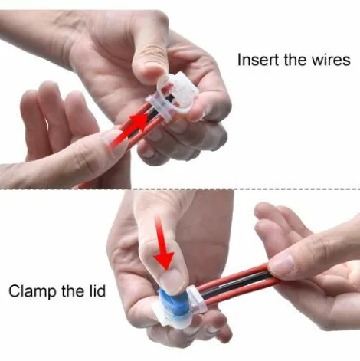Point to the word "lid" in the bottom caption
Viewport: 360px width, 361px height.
(97, 290)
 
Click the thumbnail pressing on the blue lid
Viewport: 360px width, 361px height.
(174, 280)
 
